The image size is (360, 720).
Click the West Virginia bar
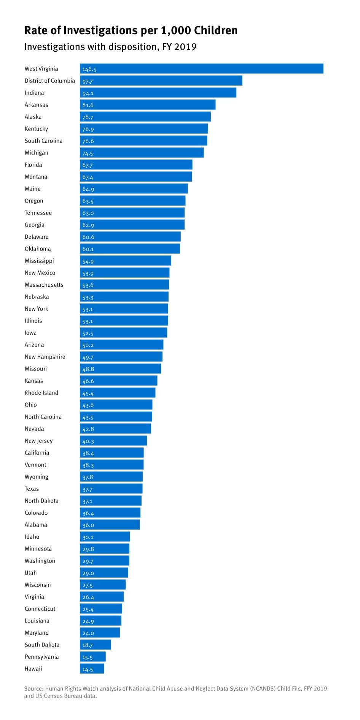coord(201,69)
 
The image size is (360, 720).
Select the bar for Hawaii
coord(92,669)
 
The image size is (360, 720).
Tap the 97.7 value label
coord(88,81)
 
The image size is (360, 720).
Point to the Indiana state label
coord(34,93)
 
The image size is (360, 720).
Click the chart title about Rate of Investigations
coord(131,30)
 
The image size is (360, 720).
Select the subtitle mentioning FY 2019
coord(110,47)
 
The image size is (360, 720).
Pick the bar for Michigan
coord(142,153)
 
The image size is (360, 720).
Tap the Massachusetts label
coord(44,285)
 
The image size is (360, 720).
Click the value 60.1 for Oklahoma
coord(88,249)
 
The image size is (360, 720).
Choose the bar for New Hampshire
coord(121,357)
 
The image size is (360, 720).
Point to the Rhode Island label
coord(41,393)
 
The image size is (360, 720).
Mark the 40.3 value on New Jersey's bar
coord(88,441)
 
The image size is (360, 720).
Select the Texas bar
coord(111,489)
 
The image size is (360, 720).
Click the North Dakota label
coord(41,501)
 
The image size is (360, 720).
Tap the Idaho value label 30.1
coord(88,537)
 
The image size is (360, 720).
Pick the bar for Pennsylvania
coord(92,657)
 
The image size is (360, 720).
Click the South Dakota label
coord(42,645)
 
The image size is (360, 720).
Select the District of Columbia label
coord(50,81)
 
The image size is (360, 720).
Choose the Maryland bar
coord(100,633)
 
